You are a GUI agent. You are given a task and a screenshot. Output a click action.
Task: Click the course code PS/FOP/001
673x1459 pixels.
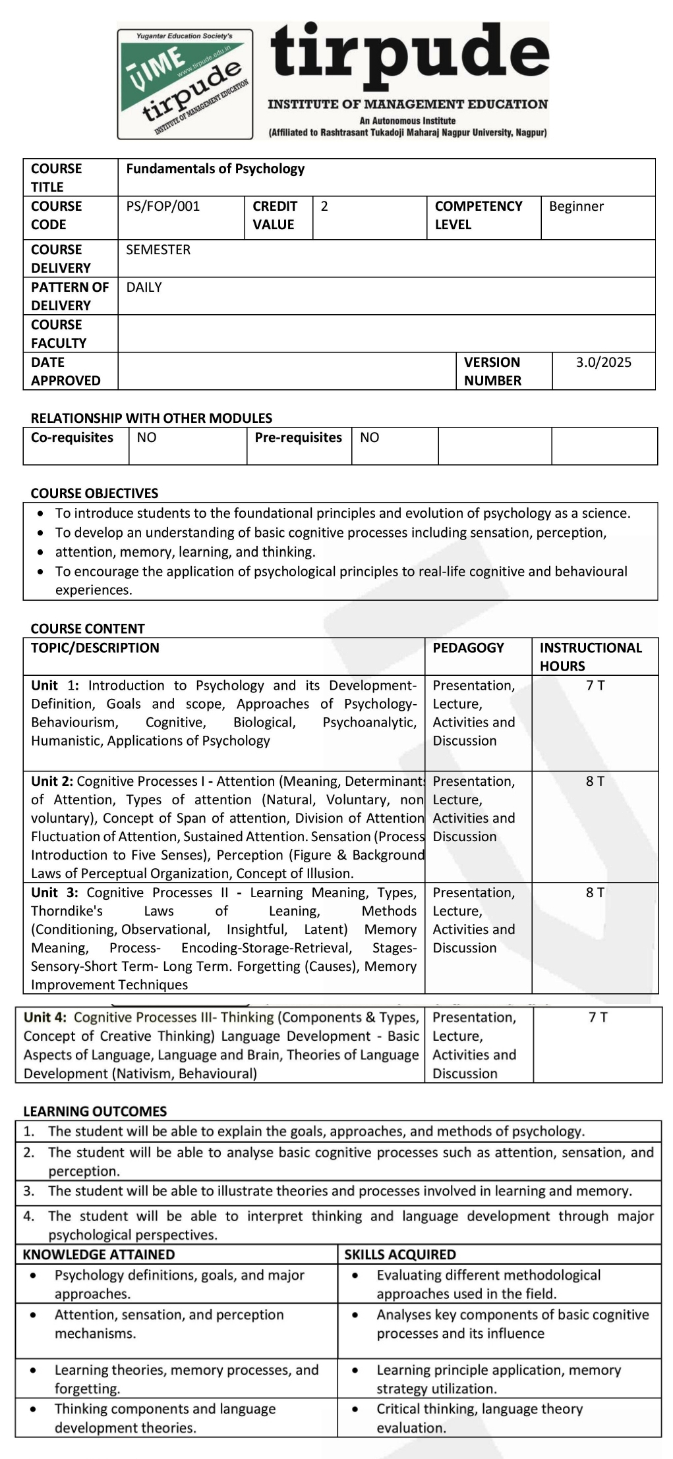coord(162,206)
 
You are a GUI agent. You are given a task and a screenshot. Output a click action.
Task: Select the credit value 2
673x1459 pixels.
coord(324,206)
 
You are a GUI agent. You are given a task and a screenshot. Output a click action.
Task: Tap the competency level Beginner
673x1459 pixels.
coord(576,206)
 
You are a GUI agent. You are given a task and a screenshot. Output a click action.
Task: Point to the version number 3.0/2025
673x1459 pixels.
coord(603,362)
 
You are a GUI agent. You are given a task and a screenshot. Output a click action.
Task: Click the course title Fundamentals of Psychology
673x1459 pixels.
coord(216,169)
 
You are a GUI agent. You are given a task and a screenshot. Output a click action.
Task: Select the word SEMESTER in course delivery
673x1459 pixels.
coord(158,250)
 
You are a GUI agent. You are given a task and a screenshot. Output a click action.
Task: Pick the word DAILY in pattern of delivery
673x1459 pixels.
coord(144,287)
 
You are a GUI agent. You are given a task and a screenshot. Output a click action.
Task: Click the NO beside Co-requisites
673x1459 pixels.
coord(146,438)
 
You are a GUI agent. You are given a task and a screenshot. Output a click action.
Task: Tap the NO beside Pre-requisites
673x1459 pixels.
coord(369,438)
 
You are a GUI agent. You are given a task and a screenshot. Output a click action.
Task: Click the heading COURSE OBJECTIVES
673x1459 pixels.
coord(94,493)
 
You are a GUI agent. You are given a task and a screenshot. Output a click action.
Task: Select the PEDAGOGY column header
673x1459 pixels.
coord(468,647)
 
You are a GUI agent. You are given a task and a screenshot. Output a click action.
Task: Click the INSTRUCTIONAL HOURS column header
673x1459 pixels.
coord(591,656)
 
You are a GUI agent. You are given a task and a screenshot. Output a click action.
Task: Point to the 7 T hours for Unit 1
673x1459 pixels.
coord(595,686)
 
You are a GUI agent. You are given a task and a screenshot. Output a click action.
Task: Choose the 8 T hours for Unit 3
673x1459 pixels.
coord(595,893)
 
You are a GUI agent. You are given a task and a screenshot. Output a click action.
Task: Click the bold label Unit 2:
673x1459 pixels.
coord(53,781)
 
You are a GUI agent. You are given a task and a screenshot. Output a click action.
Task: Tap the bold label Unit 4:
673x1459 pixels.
coord(45,1018)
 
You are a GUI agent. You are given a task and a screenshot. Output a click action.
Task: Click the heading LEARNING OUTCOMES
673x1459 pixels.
coord(95,1111)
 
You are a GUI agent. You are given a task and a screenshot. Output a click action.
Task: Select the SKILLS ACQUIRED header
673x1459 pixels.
coord(400,1255)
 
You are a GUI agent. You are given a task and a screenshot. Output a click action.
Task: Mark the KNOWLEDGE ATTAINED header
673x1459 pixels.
coord(99,1255)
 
